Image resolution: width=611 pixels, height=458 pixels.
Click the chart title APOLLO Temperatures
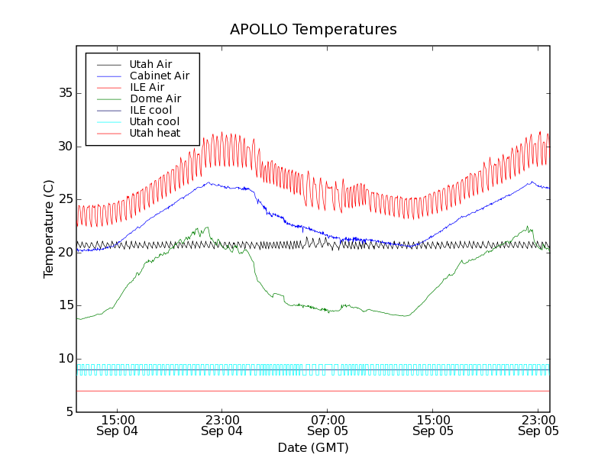coord(313,30)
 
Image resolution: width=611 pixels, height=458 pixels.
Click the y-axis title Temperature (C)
coord(49,229)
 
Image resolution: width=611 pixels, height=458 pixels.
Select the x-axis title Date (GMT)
coord(313,447)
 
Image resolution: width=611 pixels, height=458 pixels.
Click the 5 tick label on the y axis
coord(68,412)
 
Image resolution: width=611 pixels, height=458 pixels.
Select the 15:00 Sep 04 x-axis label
coord(118,425)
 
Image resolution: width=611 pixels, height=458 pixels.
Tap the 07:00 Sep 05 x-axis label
coord(328,425)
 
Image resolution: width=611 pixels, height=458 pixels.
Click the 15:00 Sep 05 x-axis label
coord(433,425)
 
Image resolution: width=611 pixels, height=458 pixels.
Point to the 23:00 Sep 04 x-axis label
coord(222,425)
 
